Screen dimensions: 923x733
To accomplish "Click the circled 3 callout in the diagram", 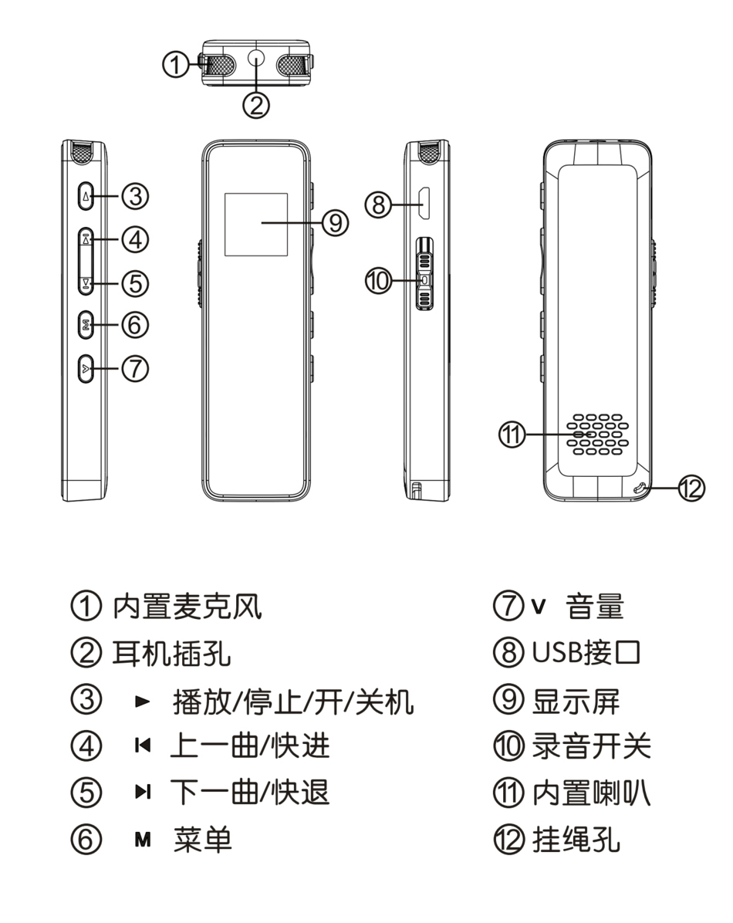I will coord(136,197).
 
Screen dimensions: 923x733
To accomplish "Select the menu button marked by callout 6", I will coord(86,326).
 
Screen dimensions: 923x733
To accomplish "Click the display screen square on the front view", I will coord(256,225).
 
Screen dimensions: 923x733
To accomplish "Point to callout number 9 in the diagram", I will coord(335,223).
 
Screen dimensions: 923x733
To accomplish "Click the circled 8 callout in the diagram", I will coord(377,205).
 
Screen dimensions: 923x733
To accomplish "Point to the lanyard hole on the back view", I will coord(640,489).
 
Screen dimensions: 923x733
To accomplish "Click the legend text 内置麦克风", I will coord(187,607).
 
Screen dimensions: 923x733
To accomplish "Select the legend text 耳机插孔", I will coord(172,654).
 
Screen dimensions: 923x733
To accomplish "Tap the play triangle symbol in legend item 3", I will coord(141,701).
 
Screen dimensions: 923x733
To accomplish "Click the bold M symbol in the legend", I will coord(142,840).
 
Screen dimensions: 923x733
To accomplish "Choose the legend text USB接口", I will coord(586,654).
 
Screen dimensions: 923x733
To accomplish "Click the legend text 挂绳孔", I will coord(576,840).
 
